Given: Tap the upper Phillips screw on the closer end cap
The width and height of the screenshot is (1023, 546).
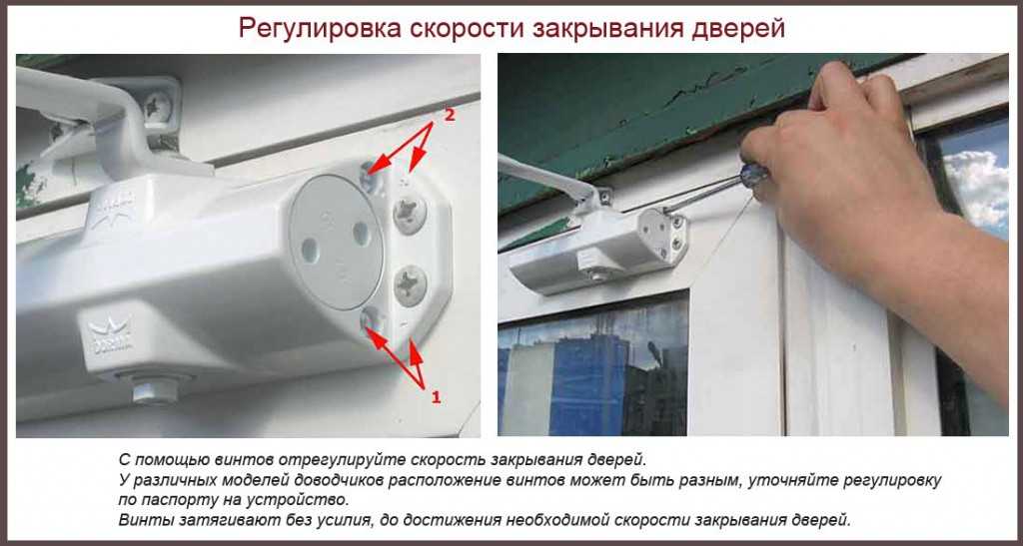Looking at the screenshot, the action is coord(410,213).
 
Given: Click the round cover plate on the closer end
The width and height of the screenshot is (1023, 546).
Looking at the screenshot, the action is coord(336,243).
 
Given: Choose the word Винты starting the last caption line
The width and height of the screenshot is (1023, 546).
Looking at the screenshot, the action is coord(141,520).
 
